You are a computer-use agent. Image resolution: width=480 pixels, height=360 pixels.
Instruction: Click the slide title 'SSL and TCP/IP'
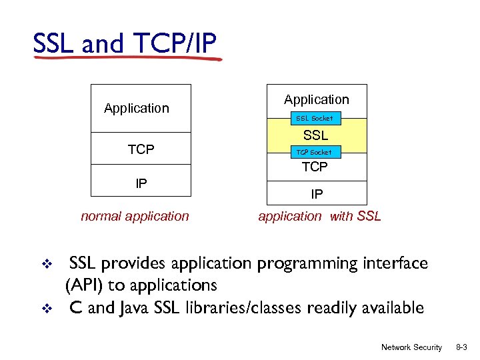coord(125,44)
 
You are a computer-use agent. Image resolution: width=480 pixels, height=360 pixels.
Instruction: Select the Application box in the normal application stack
coord(137,108)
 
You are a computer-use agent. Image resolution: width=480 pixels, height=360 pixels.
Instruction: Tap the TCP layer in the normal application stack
coord(141,150)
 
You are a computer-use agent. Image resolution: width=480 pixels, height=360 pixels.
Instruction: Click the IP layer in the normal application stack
coord(141,182)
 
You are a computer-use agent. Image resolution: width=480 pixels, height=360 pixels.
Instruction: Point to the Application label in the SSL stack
coord(316,99)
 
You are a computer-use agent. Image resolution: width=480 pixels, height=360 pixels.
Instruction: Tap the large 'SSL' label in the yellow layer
coord(316,135)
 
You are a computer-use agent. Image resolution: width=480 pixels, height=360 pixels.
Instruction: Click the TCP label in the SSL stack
coord(315,167)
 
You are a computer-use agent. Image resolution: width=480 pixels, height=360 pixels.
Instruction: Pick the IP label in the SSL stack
coord(317,194)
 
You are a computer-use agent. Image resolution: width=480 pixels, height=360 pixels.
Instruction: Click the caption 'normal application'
coord(135,216)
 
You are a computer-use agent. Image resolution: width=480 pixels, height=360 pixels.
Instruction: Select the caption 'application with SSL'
coord(320,216)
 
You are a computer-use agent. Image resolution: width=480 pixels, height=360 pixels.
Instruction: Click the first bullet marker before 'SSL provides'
coord(47,264)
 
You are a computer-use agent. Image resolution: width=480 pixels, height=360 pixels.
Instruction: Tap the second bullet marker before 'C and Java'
coord(47,308)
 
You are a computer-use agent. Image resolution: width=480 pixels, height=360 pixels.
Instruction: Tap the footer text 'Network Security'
coord(411,347)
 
